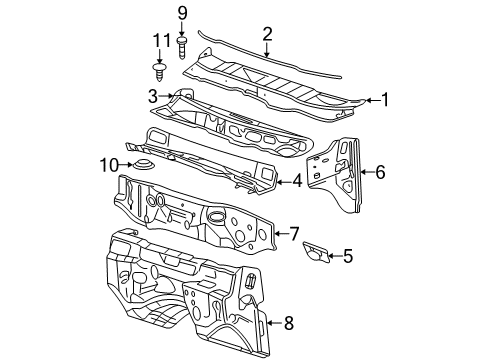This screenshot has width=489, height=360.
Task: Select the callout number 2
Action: tap(267, 36)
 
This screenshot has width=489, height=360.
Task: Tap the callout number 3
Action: tap(151, 96)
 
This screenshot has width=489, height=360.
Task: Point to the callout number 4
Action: tap(297, 181)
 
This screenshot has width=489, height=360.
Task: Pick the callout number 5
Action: tap(347, 256)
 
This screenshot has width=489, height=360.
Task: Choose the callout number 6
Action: tap(379, 171)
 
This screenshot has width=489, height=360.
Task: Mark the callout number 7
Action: tap(294, 234)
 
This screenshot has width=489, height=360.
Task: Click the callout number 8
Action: tap(289, 323)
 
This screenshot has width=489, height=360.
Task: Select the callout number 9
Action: tap(182, 13)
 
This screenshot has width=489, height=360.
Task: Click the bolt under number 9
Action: tap(182, 46)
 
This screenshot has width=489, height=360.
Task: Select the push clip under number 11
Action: tap(158, 71)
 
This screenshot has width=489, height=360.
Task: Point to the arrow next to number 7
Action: tap(280, 234)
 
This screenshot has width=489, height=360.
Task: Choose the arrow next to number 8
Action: tap(274, 323)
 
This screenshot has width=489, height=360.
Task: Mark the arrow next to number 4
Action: tap(283, 181)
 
